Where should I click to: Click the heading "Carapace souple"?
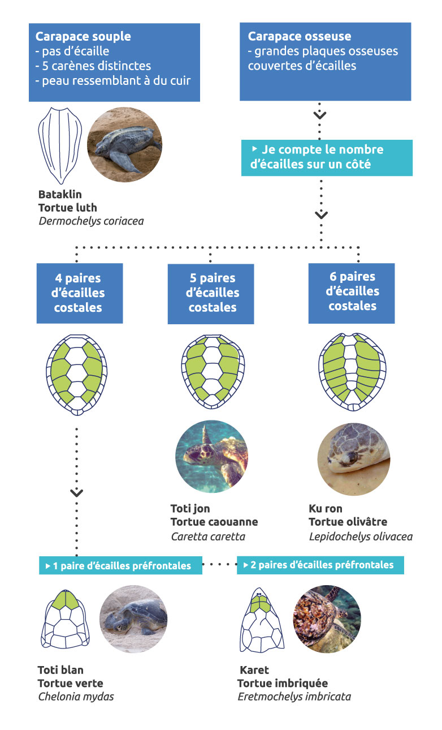point(83,37)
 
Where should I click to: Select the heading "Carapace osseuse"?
point(300,37)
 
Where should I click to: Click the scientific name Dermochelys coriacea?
point(91,221)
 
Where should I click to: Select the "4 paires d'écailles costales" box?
point(79,293)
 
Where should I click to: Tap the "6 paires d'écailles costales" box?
point(353,291)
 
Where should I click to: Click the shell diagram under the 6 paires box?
point(353,371)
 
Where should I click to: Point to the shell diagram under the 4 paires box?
point(76,371)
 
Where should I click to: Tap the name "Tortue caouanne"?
point(214,522)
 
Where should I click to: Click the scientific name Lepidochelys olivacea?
point(361,536)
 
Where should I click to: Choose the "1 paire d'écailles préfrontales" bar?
point(120,565)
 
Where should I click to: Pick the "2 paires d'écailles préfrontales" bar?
point(320,565)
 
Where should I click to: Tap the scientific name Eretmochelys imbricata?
point(294,697)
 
